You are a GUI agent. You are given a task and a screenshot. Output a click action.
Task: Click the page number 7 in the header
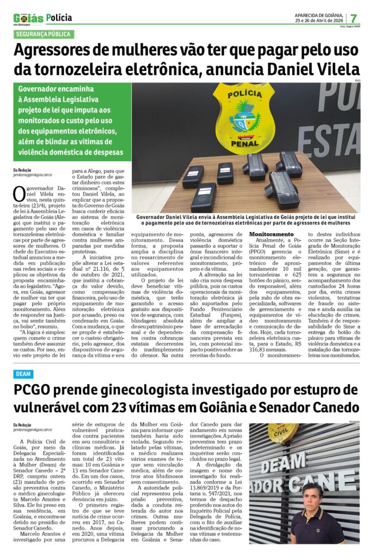coord(354,18)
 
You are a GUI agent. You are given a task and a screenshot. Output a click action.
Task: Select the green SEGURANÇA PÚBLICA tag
coord(43,34)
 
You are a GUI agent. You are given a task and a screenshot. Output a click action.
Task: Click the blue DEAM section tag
coord(23,374)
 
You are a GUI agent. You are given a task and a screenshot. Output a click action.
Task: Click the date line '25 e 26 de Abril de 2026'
coord(318,21)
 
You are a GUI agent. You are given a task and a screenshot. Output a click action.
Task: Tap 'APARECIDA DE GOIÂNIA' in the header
coord(318,15)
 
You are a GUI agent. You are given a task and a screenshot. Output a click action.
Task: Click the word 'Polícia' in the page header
coord(59,18)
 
